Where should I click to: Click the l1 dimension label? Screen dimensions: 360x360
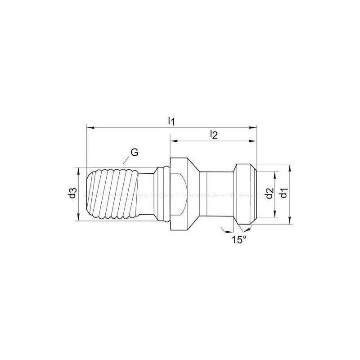coord(171,121)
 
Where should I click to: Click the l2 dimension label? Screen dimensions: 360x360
coord(214,134)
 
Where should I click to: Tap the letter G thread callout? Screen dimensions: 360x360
coord(134,152)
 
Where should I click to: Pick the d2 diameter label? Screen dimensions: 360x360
coord(269,194)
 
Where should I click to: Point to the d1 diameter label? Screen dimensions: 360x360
coord(283,194)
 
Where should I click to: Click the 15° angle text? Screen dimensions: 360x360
coord(239,240)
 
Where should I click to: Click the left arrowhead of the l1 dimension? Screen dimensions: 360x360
coord(88,128)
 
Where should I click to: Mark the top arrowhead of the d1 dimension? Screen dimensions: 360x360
coord(290,166)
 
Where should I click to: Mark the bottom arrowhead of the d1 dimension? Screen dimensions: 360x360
coord(290,221)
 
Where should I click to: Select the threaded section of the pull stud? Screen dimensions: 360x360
coord(112,194)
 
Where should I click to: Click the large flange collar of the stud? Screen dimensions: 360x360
coord(180,194)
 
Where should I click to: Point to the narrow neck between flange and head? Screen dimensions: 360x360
coord(216,194)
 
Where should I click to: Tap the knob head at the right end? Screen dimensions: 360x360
coord(245,194)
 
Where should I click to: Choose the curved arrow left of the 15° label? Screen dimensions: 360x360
coord(223,231)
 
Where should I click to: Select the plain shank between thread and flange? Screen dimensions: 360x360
coord(146,194)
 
